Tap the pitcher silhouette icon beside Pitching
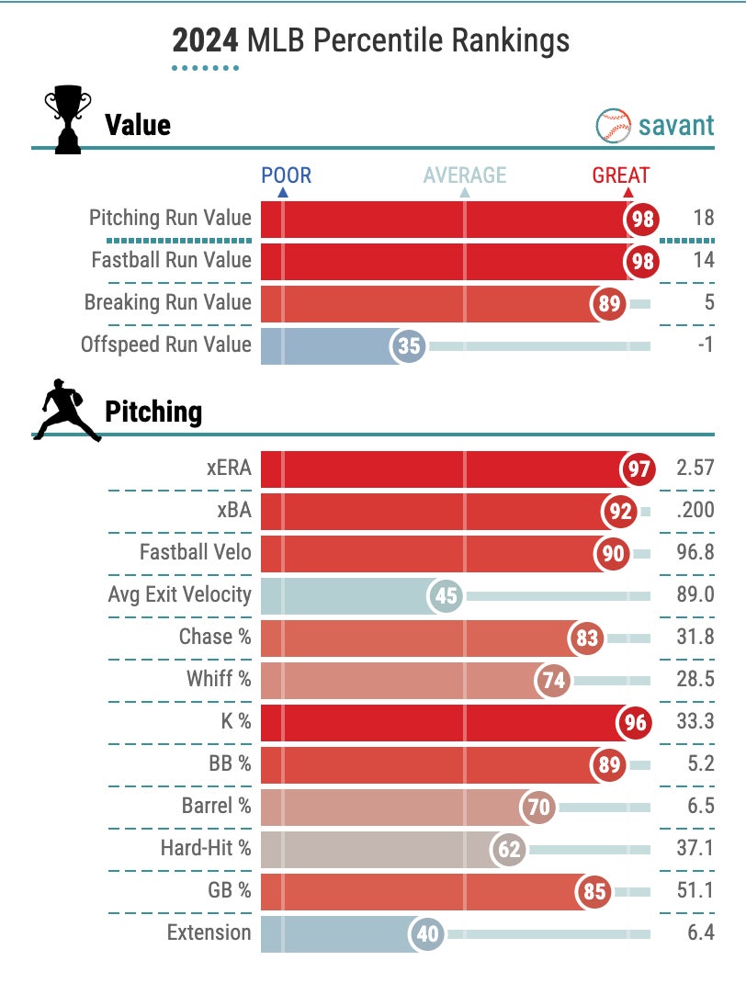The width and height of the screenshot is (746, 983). (x=66, y=410)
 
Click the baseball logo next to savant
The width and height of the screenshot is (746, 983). (x=613, y=125)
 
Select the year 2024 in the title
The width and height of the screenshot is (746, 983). (x=202, y=40)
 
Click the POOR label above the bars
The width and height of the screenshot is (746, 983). (x=286, y=175)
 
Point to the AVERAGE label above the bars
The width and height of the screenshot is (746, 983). (x=464, y=175)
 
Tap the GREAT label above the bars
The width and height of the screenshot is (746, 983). (x=620, y=175)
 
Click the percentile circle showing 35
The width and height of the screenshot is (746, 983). (x=408, y=346)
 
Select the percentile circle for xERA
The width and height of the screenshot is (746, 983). (x=639, y=469)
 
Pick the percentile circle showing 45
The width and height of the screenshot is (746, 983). (x=446, y=596)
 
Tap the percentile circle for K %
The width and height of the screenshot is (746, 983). (x=636, y=723)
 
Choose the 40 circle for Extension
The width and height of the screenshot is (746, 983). (x=427, y=934)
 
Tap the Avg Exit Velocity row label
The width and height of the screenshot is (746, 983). (x=179, y=594)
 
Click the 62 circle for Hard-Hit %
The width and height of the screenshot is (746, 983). (x=509, y=850)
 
